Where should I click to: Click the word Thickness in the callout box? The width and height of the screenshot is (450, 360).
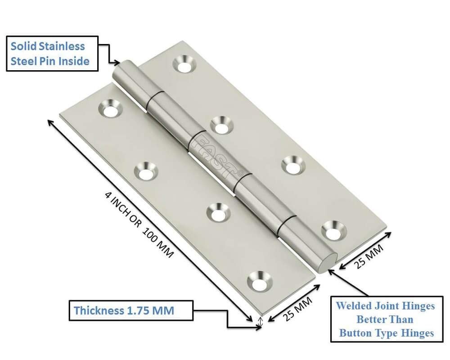[x=98, y=310]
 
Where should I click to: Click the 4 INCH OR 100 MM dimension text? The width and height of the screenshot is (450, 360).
[x=139, y=225]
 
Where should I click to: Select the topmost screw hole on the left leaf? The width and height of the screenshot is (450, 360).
[x=110, y=109]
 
